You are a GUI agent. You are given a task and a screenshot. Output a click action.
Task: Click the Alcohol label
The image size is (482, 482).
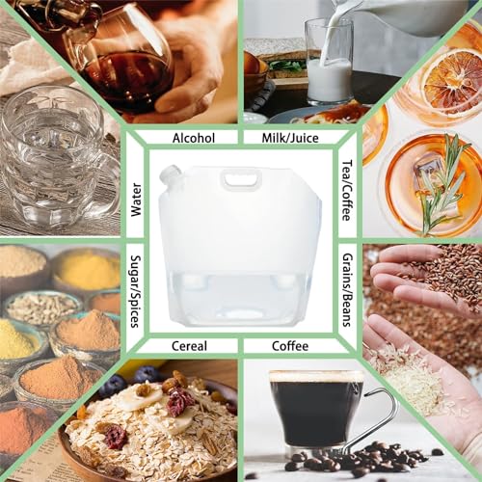[x=194, y=138]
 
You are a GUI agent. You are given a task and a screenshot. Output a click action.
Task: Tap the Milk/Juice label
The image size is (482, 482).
[x=290, y=138]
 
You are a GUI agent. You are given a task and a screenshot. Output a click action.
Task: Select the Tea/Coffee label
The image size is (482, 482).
[x=347, y=191]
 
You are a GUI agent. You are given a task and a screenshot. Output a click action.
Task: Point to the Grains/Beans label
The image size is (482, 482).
[x=347, y=290]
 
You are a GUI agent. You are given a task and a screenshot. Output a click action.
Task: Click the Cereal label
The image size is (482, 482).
[x=189, y=346]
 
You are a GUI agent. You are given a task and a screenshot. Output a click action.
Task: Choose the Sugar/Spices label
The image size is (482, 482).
[x=136, y=291]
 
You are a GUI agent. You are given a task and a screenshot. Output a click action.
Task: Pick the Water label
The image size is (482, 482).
[x=136, y=200]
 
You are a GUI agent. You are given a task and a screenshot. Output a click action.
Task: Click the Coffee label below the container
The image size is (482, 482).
[x=290, y=346]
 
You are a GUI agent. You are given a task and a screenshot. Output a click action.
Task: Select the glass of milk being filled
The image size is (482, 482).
[x=328, y=61]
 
